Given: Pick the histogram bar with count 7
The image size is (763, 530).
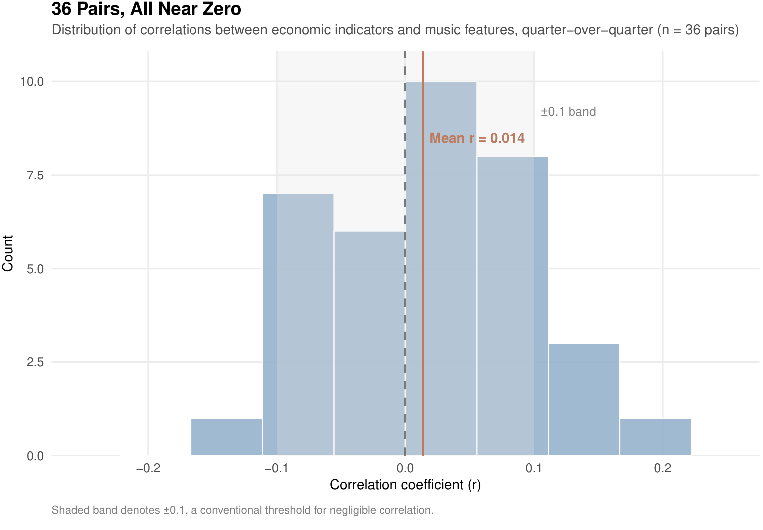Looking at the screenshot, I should click(298, 324).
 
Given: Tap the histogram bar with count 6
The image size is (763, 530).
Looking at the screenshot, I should click(370, 344).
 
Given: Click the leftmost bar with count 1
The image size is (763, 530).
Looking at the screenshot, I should click(227, 437).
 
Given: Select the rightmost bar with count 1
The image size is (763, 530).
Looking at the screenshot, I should click(655, 437).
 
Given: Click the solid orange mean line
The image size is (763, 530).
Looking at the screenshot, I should click(423, 299).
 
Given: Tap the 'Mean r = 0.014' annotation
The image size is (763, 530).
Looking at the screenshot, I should click(477, 138).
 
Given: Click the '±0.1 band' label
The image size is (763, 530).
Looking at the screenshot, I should click(568, 112).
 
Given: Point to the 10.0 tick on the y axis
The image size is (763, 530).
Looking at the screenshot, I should click(32, 81).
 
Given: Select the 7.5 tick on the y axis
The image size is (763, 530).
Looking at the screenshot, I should click(35, 175).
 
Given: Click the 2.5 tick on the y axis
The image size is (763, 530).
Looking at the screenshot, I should click(35, 362).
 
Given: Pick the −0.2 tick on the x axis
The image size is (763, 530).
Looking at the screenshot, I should click(148, 468).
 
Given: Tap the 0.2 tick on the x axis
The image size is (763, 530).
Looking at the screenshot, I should click(663, 468).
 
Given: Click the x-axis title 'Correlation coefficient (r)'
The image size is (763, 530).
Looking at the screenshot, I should click(405, 485).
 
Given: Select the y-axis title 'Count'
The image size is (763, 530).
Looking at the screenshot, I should click(8, 253).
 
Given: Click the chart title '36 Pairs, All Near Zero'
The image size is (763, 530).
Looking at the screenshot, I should click(147, 9).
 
